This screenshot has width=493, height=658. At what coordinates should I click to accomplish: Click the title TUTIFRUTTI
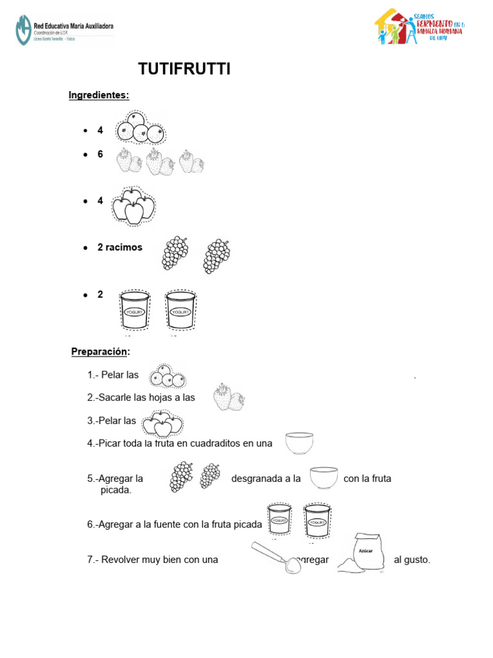(184, 69)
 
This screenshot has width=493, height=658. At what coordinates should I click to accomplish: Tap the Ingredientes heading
(99, 96)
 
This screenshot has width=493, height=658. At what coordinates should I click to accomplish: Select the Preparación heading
(99, 351)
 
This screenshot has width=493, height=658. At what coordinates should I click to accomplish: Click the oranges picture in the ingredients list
(139, 127)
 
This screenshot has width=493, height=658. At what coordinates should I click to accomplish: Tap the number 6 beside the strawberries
(100, 154)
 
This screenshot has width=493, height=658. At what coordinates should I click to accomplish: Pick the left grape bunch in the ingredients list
(175, 253)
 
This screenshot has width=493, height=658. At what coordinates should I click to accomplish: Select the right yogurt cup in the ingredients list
(180, 310)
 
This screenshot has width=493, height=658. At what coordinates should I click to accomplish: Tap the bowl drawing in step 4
(300, 443)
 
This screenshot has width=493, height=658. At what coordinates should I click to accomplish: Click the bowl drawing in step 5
(324, 479)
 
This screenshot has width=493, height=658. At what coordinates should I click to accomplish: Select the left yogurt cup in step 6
(280, 519)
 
